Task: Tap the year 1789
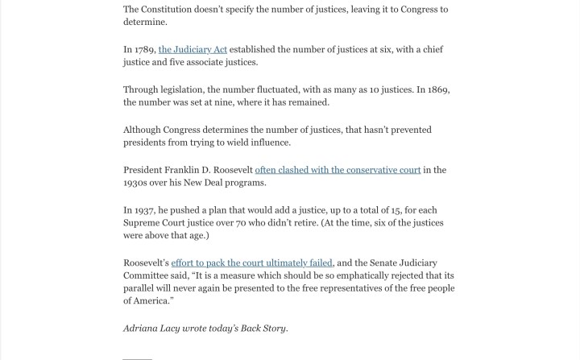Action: pos(145,50)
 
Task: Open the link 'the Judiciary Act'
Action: pos(193,50)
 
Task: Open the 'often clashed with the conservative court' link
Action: pos(338,170)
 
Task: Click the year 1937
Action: pos(145,210)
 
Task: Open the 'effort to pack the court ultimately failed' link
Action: pos(251,263)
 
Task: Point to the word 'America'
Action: pos(152,300)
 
